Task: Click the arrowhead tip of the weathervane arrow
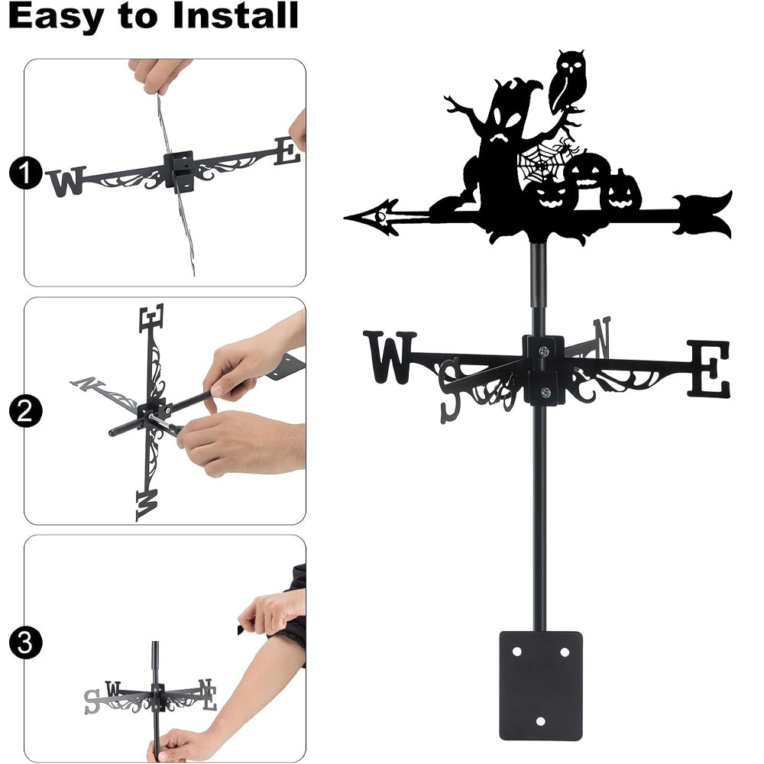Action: point(345,217)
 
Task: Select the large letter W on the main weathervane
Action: point(390,357)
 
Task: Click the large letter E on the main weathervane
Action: point(709,368)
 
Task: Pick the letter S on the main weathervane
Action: point(451,390)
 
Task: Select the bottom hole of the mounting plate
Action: point(540,721)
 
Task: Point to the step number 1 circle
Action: point(26,173)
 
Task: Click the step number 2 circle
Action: point(26,411)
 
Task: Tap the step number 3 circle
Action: point(26,643)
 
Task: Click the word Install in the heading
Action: point(235,15)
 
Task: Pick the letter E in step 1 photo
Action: point(287,151)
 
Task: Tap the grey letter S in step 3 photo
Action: point(92,701)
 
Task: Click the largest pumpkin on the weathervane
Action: point(589,178)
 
